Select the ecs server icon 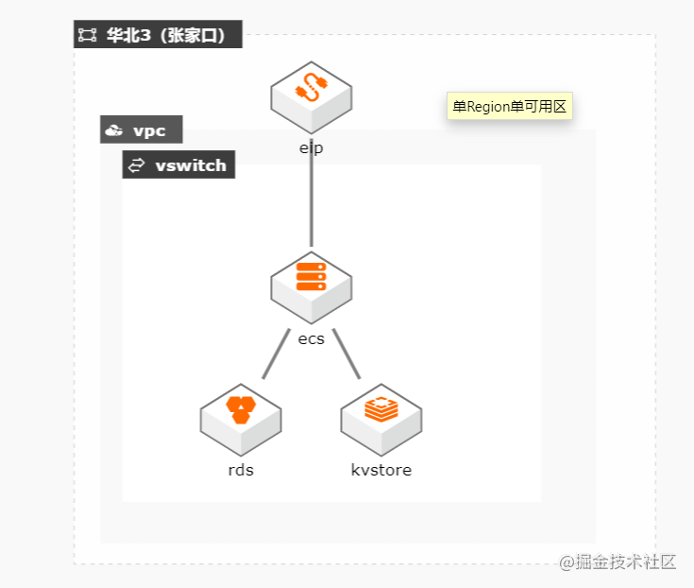312,284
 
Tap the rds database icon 241,418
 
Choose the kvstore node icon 381,418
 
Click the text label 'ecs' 312,339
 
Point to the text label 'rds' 241,470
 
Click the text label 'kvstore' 381,470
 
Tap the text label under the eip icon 312,147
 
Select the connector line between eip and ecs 312,203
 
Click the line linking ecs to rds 275,355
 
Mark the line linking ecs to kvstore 347,355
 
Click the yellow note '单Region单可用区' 509,107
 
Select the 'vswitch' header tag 179,165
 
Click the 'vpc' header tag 141,130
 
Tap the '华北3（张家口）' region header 159,35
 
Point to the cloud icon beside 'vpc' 114,130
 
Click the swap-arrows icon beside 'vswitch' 137,165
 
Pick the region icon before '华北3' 88,35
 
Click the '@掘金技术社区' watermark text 618,562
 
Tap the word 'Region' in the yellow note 489,107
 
